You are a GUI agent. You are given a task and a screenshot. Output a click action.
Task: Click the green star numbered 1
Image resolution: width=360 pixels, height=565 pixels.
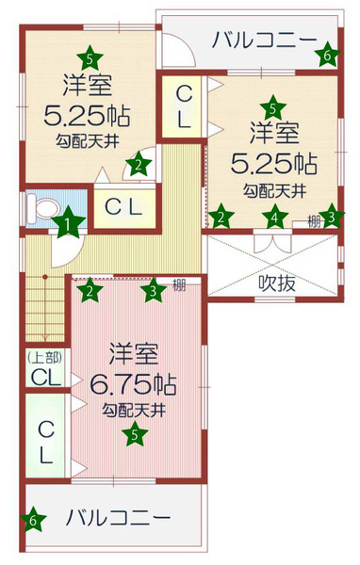[69, 224]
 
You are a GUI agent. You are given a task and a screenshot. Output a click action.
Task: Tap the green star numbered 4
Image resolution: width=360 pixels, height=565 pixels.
[273, 218]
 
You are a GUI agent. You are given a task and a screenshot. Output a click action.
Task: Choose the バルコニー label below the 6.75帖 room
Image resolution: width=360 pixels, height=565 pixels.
[119, 518]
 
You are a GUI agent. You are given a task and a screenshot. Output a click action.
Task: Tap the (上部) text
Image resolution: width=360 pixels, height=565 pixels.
[42, 357]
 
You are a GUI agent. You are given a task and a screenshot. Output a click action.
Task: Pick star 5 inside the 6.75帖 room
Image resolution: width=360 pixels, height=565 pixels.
[136, 434]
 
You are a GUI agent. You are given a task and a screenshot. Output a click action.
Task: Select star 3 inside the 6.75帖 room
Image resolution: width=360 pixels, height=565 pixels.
[154, 292]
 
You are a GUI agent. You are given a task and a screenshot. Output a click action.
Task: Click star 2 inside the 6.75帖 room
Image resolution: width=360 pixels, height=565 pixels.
[90, 292]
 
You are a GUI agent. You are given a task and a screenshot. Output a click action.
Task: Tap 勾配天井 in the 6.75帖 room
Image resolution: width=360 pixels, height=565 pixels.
[134, 410]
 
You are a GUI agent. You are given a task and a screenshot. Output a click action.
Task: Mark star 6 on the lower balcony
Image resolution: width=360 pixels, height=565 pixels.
[33, 519]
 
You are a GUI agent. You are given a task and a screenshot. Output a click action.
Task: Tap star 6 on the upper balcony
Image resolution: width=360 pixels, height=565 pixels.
[326, 56]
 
